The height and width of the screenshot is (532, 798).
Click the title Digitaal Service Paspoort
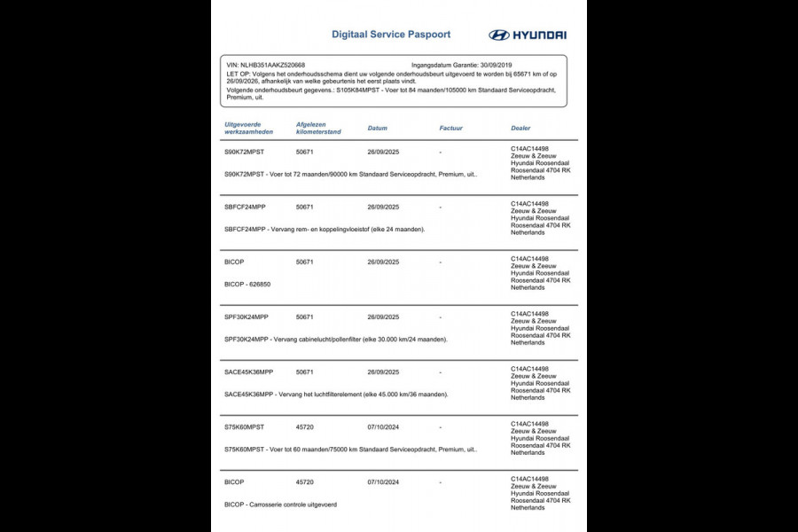(390, 35)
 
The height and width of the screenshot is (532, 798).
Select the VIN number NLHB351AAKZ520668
(266, 65)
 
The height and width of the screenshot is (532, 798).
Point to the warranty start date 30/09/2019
(495, 65)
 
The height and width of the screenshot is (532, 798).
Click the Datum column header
(377, 129)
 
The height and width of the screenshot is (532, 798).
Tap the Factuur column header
(450, 129)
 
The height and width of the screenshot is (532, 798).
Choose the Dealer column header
(520, 129)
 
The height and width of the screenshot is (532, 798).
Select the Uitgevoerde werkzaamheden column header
(249, 129)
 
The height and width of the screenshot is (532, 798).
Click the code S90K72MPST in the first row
(245, 152)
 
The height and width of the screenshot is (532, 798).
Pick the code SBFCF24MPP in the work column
(245, 207)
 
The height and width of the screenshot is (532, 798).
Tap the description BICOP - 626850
(247, 285)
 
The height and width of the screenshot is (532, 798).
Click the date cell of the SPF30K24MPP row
(383, 317)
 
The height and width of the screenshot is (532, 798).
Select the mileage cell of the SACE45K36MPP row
(305, 372)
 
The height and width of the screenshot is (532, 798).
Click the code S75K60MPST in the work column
(245, 427)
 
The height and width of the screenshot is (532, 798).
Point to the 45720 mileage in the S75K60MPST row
(305, 427)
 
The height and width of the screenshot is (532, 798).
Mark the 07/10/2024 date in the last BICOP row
(383, 482)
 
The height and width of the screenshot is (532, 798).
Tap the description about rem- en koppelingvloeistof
(325, 230)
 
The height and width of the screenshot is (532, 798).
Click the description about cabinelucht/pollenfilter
(335, 340)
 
